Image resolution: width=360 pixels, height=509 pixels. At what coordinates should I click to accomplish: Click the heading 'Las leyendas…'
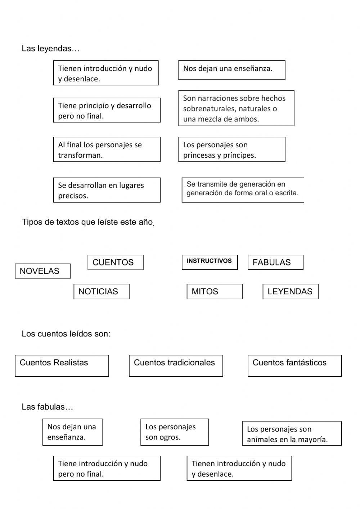[x=50, y=49]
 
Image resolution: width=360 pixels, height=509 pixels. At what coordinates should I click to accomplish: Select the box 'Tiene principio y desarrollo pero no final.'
[x=107, y=110]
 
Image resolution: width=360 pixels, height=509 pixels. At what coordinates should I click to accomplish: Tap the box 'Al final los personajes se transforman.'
[x=107, y=149]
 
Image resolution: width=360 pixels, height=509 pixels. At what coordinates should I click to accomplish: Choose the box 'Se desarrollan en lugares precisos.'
[x=107, y=190]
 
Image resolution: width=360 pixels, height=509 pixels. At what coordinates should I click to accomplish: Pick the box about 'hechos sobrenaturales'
[x=236, y=108]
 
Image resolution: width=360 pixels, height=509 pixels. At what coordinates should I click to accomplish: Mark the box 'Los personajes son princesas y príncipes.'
[x=231, y=149]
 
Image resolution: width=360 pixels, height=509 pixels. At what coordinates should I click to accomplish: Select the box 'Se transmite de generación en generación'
[x=243, y=189]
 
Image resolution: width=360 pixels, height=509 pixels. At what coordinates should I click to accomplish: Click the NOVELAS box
[x=42, y=271]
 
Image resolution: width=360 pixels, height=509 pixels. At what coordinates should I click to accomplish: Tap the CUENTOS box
[x=115, y=262]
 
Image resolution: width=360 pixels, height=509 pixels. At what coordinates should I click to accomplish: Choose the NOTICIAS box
[x=101, y=291]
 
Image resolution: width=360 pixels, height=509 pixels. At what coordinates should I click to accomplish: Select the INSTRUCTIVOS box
[x=210, y=262]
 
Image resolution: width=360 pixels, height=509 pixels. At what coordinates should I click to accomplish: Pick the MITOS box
[x=214, y=291]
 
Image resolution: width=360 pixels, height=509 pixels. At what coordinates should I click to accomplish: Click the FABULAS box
[x=275, y=262]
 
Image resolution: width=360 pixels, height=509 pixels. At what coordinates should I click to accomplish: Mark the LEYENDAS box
[x=291, y=291]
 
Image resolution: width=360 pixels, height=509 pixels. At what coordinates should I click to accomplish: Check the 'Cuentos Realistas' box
[x=62, y=366]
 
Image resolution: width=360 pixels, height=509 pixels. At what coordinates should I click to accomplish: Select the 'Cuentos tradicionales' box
[x=176, y=366]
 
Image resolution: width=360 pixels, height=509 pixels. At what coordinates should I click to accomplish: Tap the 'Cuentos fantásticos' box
[x=294, y=366]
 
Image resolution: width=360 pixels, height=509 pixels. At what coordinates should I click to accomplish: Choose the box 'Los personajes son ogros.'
[x=174, y=432]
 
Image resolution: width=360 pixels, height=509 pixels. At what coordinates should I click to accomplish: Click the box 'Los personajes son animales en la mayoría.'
[x=292, y=433]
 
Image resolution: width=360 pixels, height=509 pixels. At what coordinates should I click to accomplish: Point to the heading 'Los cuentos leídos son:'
[x=66, y=334]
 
